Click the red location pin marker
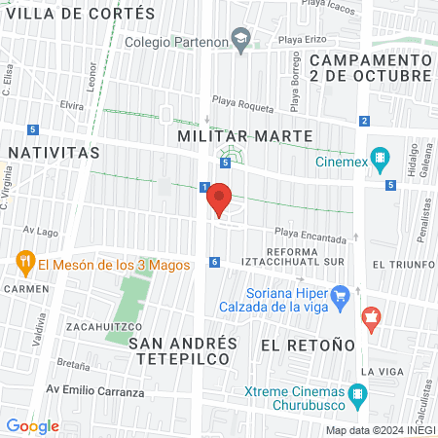pos(219,198)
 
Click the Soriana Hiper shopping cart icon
pos(340,294)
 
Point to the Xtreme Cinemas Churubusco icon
pos(358,395)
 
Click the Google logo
pos(32,425)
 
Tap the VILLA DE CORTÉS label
pos(80,14)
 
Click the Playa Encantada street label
pos(310,236)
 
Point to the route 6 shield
pos(214,262)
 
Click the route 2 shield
pos(363,121)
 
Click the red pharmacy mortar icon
pos(370,317)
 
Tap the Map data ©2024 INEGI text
pos(380,429)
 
